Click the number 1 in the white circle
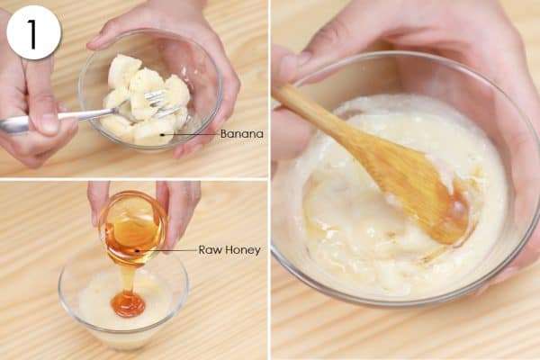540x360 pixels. coord(32,34)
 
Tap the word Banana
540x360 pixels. coord(242,134)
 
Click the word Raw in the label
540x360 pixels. coord(208,250)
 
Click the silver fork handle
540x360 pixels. coord(58,118)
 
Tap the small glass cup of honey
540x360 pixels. coord(133,229)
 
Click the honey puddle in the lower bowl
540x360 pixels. coord(128,304)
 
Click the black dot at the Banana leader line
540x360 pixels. coord(162,134)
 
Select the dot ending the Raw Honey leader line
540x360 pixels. coord(137,250)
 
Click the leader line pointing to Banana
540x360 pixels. coord(191,134)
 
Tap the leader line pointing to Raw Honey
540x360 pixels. coord(167,250)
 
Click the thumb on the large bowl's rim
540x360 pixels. coord(289,66)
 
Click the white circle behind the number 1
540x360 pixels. coord(33,32)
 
